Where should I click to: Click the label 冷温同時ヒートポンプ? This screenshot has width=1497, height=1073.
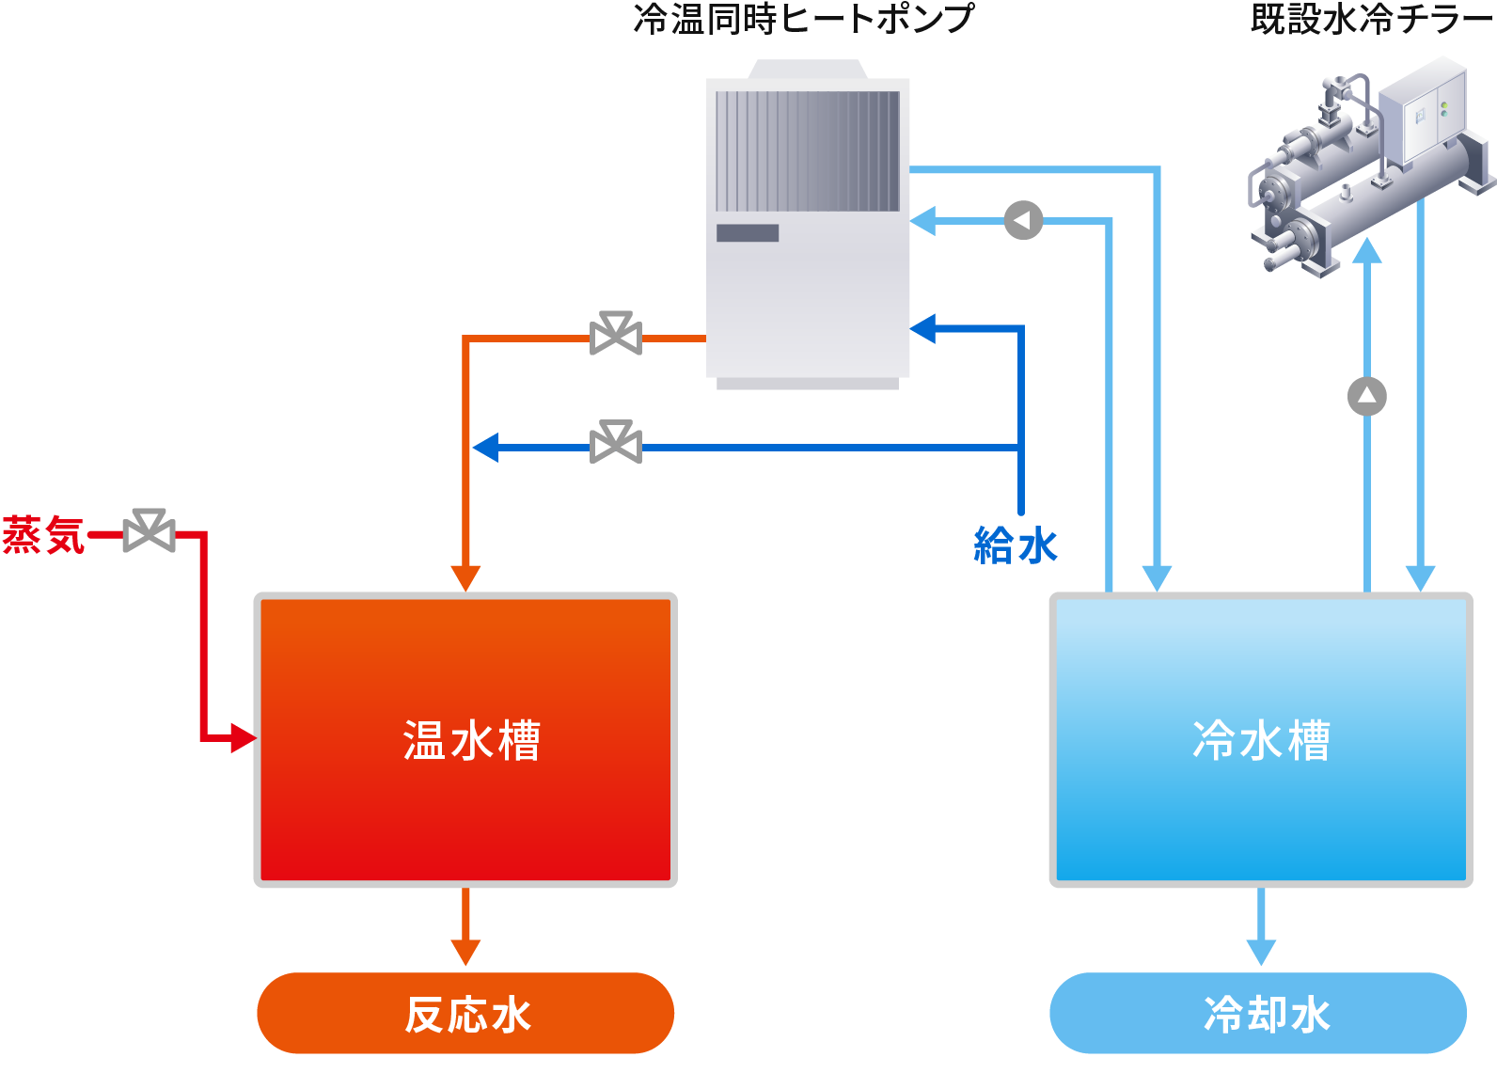click(804, 19)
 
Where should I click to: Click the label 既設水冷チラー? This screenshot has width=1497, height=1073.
click(1372, 19)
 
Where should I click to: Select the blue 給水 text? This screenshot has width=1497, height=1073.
click(1016, 545)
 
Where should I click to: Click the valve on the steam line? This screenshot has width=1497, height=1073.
click(149, 532)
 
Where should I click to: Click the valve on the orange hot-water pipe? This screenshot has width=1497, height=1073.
click(616, 334)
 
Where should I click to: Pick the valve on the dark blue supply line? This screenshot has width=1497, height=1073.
click(616, 442)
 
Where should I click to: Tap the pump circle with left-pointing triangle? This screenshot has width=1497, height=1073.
click(1023, 220)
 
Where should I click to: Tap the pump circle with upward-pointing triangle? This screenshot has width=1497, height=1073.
click(1366, 396)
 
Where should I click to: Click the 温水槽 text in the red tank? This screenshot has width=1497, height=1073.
click(471, 740)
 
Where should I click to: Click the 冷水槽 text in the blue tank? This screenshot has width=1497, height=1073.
click(1261, 740)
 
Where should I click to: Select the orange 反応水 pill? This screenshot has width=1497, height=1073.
click(465, 1014)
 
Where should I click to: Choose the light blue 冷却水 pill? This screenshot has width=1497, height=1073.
click(1258, 1014)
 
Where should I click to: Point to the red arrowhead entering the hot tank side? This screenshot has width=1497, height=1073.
click(243, 737)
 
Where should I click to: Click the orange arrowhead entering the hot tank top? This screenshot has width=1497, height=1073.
click(465, 577)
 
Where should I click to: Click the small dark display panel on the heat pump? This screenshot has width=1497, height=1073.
click(748, 233)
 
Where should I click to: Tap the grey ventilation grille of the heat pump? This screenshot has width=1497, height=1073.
click(807, 150)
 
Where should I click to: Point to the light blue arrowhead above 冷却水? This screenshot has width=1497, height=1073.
click(1260, 951)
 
